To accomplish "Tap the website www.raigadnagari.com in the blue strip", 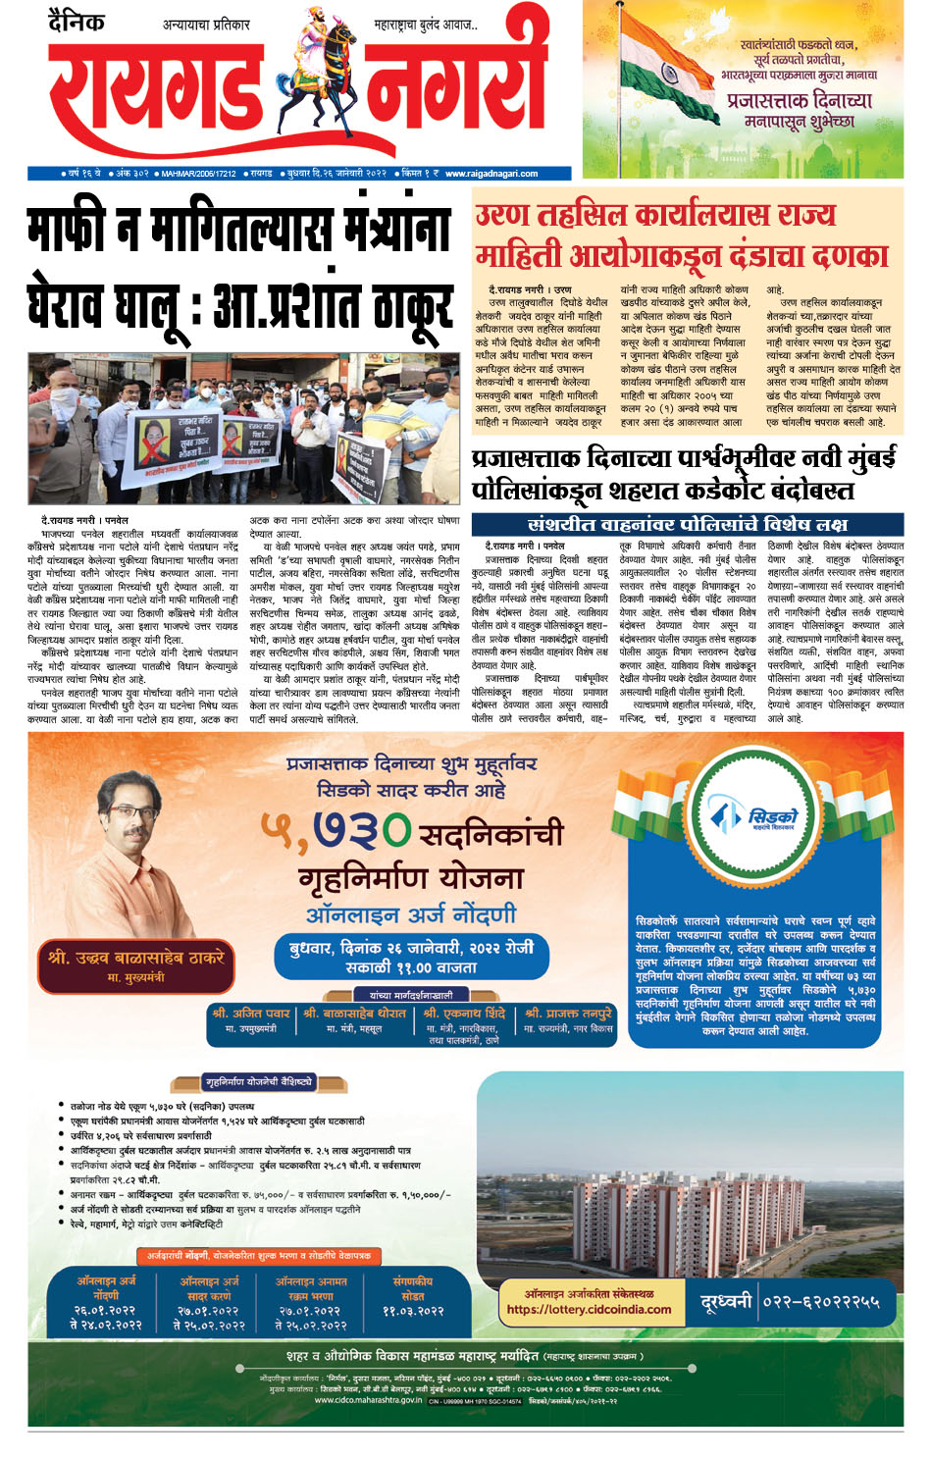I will click(491, 174).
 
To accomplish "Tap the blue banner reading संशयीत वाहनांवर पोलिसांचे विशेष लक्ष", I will click(687, 524).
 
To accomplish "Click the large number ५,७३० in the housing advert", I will click(334, 832).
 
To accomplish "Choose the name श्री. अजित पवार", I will click(251, 1014).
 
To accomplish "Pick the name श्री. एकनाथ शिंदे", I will click(464, 1014).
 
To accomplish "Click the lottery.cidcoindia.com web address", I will click(589, 1309).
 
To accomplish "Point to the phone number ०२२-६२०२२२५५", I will click(820, 1302).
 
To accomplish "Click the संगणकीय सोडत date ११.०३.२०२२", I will click(413, 1311).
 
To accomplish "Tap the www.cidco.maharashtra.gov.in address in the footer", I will click(368, 1400).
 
